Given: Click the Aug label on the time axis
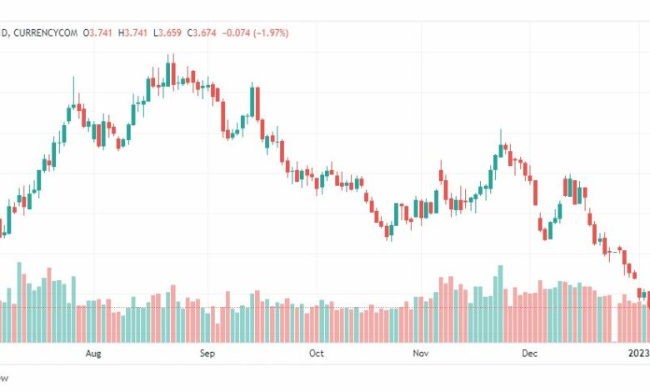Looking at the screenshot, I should pyautogui.click(x=92, y=354).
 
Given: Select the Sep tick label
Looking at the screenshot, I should pyautogui.click(x=207, y=354).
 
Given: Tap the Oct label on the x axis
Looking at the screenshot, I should pyautogui.click(x=316, y=354).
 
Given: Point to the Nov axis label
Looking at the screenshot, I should pyautogui.click(x=420, y=354).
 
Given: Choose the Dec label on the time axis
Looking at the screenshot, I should pyautogui.click(x=529, y=354).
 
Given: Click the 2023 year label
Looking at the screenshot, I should pyautogui.click(x=637, y=354).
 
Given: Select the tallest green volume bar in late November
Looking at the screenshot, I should pyautogui.click(x=500, y=304).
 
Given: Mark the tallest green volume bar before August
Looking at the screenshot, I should pyautogui.click(x=19, y=302).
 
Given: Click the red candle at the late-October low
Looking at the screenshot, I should pyautogui.click(x=388, y=231).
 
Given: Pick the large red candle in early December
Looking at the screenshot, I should pyautogui.click(x=535, y=191).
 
